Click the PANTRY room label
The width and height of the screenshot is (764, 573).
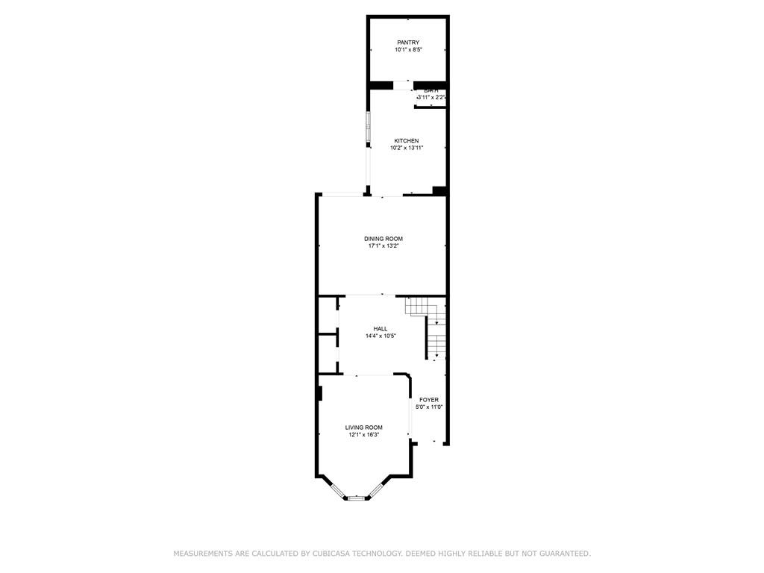[x=407, y=43]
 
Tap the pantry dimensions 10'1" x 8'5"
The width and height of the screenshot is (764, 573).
[x=407, y=50]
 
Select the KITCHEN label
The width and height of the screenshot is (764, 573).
[x=407, y=140]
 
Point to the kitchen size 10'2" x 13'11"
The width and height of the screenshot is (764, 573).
[x=407, y=148]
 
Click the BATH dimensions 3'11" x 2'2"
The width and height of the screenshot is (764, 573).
[x=430, y=98]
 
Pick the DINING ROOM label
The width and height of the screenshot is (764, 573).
[x=383, y=239]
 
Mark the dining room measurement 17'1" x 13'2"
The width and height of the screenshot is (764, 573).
[x=383, y=246]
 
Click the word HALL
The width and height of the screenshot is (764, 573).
[x=381, y=328]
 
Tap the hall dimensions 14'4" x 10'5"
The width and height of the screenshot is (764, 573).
[x=381, y=336]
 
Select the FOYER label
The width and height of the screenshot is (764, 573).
[x=429, y=400]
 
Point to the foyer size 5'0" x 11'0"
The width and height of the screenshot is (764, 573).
[x=429, y=407]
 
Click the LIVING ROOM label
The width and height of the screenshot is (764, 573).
[x=363, y=428]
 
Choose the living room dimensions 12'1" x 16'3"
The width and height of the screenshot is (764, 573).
[x=363, y=435]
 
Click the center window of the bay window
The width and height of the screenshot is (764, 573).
[x=357, y=498]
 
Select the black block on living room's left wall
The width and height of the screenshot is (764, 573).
[x=319, y=393]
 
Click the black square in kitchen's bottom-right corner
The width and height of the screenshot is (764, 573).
[x=439, y=191]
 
